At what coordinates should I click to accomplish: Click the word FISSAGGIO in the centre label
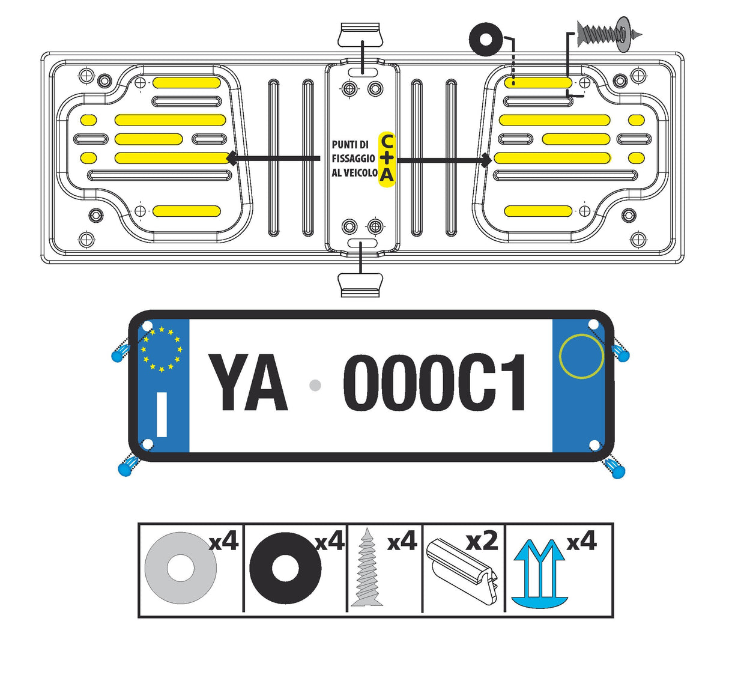(353, 159)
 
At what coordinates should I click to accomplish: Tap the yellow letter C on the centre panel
(387, 142)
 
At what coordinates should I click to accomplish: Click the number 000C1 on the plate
(435, 383)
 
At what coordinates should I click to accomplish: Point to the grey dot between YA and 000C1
(315, 386)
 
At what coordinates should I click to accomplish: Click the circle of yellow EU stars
(161, 348)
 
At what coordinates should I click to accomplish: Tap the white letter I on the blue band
(162, 414)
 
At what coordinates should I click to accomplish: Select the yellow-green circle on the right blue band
(581, 356)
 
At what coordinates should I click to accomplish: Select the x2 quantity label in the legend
(482, 541)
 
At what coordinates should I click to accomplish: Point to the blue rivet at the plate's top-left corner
(120, 353)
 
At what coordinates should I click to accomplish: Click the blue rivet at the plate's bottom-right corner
(616, 469)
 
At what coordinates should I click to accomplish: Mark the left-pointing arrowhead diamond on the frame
(231, 159)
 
